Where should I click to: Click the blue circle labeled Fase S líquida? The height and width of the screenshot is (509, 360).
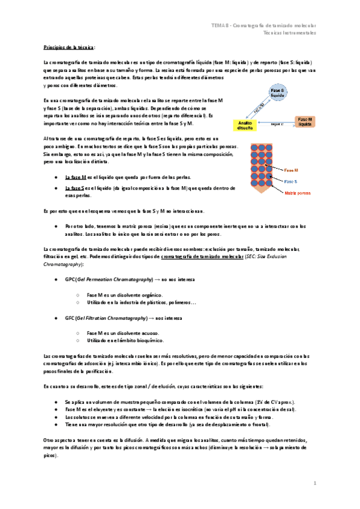pyautogui.click(x=277, y=92)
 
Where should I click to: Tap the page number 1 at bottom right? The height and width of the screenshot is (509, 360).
pyautogui.click(x=315, y=482)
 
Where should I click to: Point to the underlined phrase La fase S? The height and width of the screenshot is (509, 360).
pyautogui.click(x=75, y=189)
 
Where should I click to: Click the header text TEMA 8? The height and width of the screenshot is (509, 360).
pyautogui.click(x=219, y=25)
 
